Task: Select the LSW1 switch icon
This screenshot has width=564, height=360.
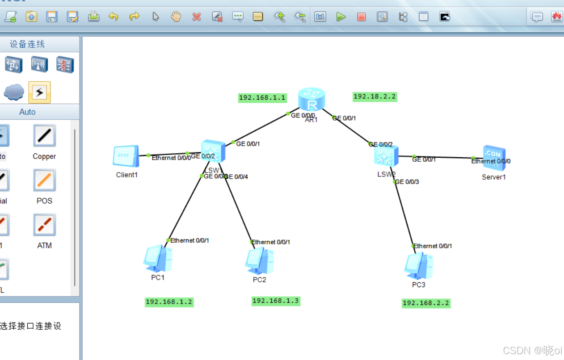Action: (213, 152)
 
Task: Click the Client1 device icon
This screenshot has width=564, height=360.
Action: (126, 157)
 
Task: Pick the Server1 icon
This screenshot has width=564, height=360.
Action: (493, 158)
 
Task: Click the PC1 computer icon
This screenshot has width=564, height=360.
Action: (158, 259)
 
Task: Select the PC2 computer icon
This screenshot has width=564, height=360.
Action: (259, 261)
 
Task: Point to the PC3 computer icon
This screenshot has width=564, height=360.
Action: (418, 266)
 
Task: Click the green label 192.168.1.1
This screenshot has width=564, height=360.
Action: (262, 98)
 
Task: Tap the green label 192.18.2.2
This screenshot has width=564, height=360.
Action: (375, 96)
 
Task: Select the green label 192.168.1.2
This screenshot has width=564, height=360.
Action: (169, 302)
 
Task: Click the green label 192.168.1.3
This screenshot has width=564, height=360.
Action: (275, 301)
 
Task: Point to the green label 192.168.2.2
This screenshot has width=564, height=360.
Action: (425, 303)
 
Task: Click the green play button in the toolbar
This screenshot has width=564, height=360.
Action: (341, 17)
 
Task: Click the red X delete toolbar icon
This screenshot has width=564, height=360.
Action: (197, 17)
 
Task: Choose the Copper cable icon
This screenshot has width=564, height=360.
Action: (44, 136)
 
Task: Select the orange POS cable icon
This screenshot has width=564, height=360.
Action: (44, 180)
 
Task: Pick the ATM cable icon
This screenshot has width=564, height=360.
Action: (44, 225)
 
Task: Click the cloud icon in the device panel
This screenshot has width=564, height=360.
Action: (14, 92)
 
